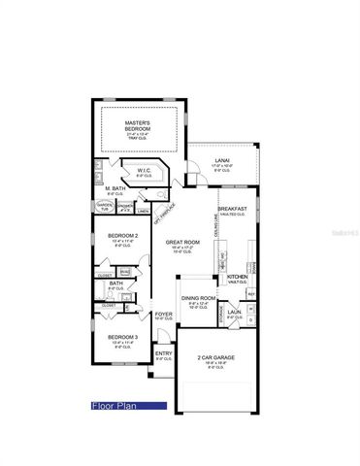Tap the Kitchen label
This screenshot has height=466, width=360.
pyautogui.click(x=237, y=277)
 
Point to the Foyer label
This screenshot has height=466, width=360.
pyautogui.click(x=164, y=314)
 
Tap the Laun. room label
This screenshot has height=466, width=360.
pyautogui.click(x=234, y=313)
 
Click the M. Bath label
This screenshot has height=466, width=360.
pyautogui.click(x=115, y=188)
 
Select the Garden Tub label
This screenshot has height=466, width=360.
pyautogui.click(x=105, y=207)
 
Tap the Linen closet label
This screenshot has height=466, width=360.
pyautogui.click(x=143, y=212)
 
